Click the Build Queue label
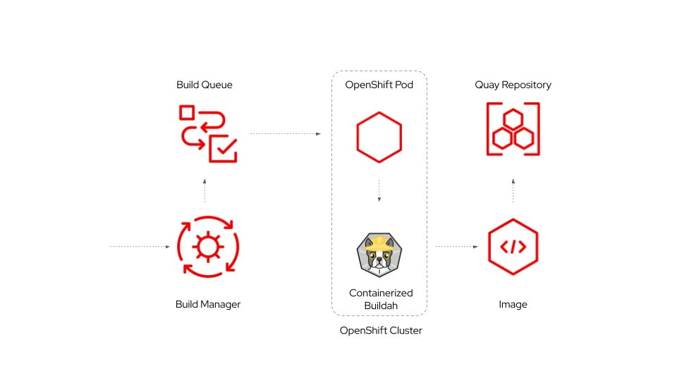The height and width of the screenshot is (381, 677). coord(205,85)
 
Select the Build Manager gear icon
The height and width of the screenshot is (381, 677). coord(208,247)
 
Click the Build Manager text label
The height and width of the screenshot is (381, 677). coord(208,305)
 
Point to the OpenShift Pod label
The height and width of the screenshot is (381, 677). coord(379,85)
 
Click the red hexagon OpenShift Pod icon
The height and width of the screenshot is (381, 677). coord(379,137)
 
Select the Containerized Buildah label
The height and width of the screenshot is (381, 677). coord(381,299)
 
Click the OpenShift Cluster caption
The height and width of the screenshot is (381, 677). coord(381,330)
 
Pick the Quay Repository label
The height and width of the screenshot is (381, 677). coord(513,85)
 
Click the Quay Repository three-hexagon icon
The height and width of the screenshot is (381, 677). coord(513,129)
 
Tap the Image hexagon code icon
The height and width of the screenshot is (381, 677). coord(513,247)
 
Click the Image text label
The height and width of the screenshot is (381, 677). coord(513,305)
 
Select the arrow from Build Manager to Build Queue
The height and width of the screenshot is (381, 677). coord(205,190)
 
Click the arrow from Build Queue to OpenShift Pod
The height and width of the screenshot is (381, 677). coord(286,133)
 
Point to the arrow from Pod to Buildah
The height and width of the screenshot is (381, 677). coord(379,190)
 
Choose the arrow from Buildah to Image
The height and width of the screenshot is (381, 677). coord(457,247)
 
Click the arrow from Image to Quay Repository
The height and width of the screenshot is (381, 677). coord(513,190)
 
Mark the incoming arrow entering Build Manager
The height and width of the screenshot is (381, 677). coord(140,247)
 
